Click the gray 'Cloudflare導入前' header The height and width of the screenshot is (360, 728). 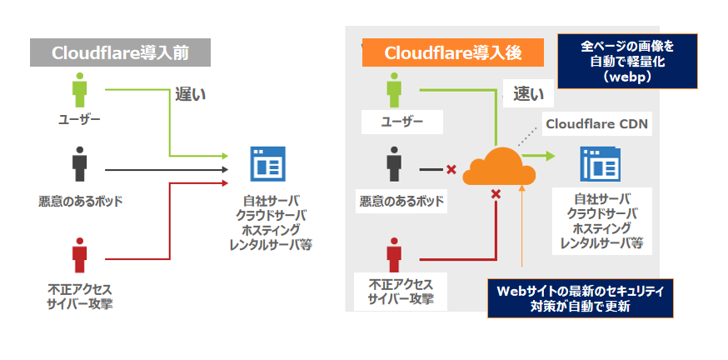point(120,52)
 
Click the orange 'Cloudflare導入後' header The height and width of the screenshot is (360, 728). point(453,52)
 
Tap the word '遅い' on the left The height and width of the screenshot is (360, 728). point(190,95)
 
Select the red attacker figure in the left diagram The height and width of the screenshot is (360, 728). point(79,255)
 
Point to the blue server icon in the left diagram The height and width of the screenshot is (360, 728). point(267,163)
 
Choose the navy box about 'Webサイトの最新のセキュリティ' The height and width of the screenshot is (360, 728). point(580,297)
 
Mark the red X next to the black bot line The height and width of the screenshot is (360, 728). point(451,170)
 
